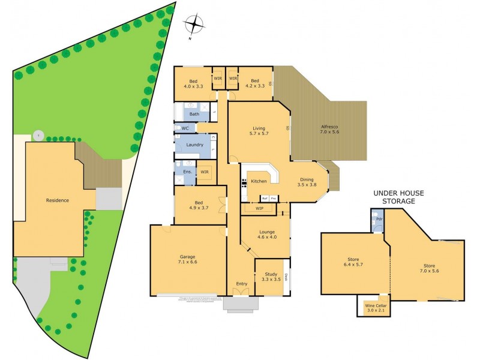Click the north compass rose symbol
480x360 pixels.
coord(194,25)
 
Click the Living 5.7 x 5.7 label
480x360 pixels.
coord(259,131)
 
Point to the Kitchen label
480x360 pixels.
coord(259,181)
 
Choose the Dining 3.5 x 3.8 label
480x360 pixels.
coord(307,182)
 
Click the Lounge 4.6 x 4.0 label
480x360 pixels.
coord(266,235)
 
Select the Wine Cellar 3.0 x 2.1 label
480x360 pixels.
coord(376,308)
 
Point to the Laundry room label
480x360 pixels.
coord(195,145)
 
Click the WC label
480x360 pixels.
coord(185,128)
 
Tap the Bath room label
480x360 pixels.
coord(194,114)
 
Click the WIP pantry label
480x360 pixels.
coord(259,208)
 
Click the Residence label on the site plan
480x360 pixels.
coord(58,200)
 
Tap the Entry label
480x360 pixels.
coord(241,284)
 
